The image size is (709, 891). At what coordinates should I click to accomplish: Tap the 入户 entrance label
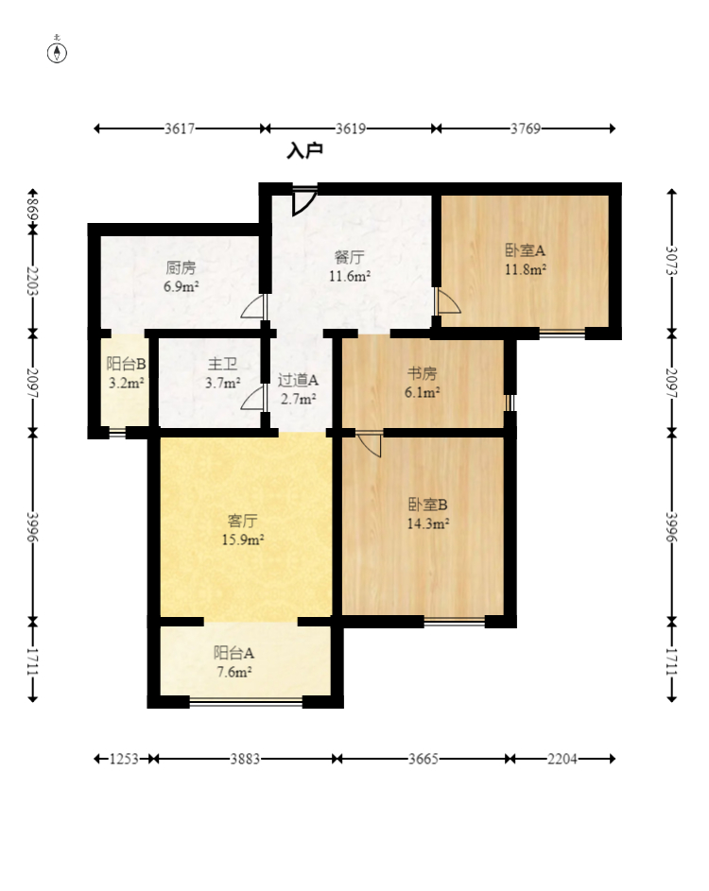tap(305, 150)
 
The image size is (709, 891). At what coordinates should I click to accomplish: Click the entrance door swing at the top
tap(304, 201)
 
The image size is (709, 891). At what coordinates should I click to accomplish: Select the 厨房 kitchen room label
tap(181, 266)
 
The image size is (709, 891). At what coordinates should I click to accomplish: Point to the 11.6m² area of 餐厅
tap(350, 276)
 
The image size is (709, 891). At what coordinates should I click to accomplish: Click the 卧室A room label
tap(525, 250)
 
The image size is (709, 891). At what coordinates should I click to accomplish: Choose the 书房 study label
tap(422, 373)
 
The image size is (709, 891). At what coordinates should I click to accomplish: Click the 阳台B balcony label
tap(127, 364)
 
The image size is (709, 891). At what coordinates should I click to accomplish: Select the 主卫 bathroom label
tap(222, 364)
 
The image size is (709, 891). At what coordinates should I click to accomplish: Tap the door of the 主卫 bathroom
tap(253, 397)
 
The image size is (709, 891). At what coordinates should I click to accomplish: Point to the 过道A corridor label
tap(298, 380)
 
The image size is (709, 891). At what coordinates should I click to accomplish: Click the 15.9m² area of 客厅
tap(243, 540)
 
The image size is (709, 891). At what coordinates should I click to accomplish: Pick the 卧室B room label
tap(427, 504)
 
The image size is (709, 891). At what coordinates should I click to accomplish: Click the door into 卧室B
tap(371, 444)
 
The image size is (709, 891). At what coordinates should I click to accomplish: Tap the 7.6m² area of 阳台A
tap(234, 672)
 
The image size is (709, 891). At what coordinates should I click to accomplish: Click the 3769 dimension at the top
tap(526, 129)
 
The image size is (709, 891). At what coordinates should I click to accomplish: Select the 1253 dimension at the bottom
tap(124, 759)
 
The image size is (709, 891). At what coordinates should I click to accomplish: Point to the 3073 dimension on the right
tap(671, 261)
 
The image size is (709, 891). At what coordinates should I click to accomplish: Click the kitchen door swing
tap(253, 306)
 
